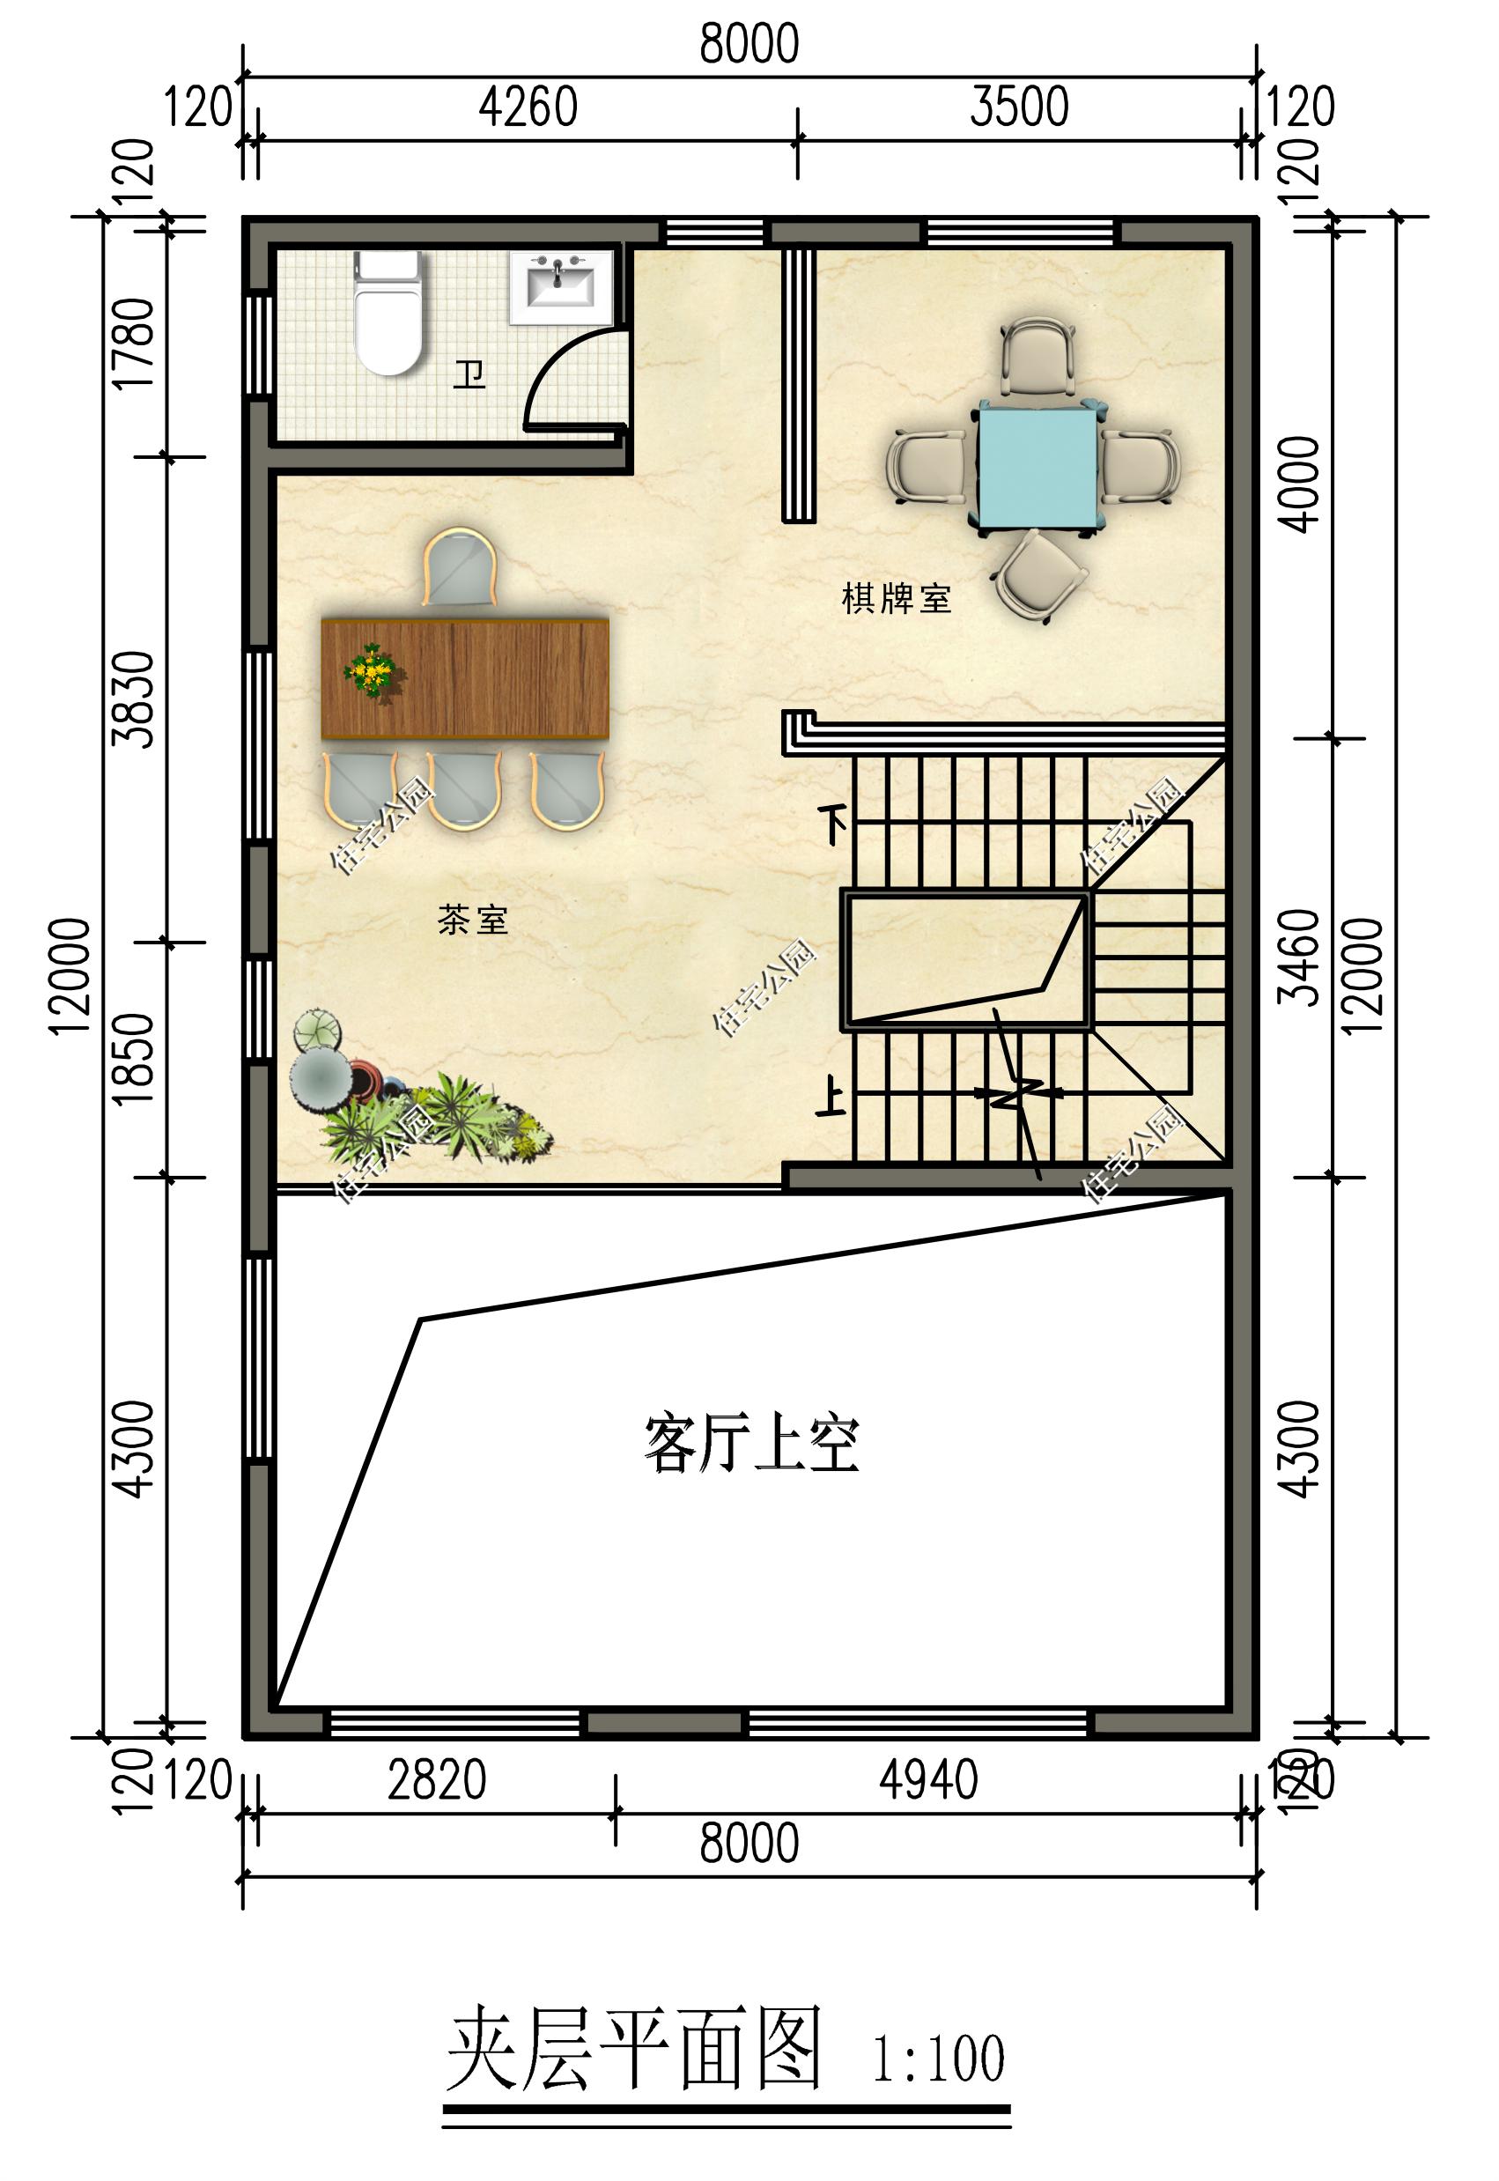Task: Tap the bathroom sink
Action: pyautogui.click(x=561, y=285)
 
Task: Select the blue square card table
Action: pyautogui.click(x=1037, y=464)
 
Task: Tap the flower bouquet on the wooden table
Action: pyautogui.click(x=373, y=669)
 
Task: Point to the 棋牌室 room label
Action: pyautogui.click(x=896, y=598)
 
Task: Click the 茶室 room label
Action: pyautogui.click(x=472, y=920)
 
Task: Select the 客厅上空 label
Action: pyautogui.click(x=751, y=1445)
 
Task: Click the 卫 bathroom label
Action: pyautogui.click(x=469, y=374)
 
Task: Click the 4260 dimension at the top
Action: pyautogui.click(x=528, y=107)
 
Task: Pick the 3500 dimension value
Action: pyautogui.click(x=1019, y=107)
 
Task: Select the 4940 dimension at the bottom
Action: pyautogui.click(x=928, y=1780)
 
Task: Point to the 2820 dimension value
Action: pyautogui.click(x=437, y=1780)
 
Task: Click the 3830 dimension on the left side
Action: pyautogui.click(x=133, y=699)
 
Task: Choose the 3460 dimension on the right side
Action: pyautogui.click(x=1301, y=957)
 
